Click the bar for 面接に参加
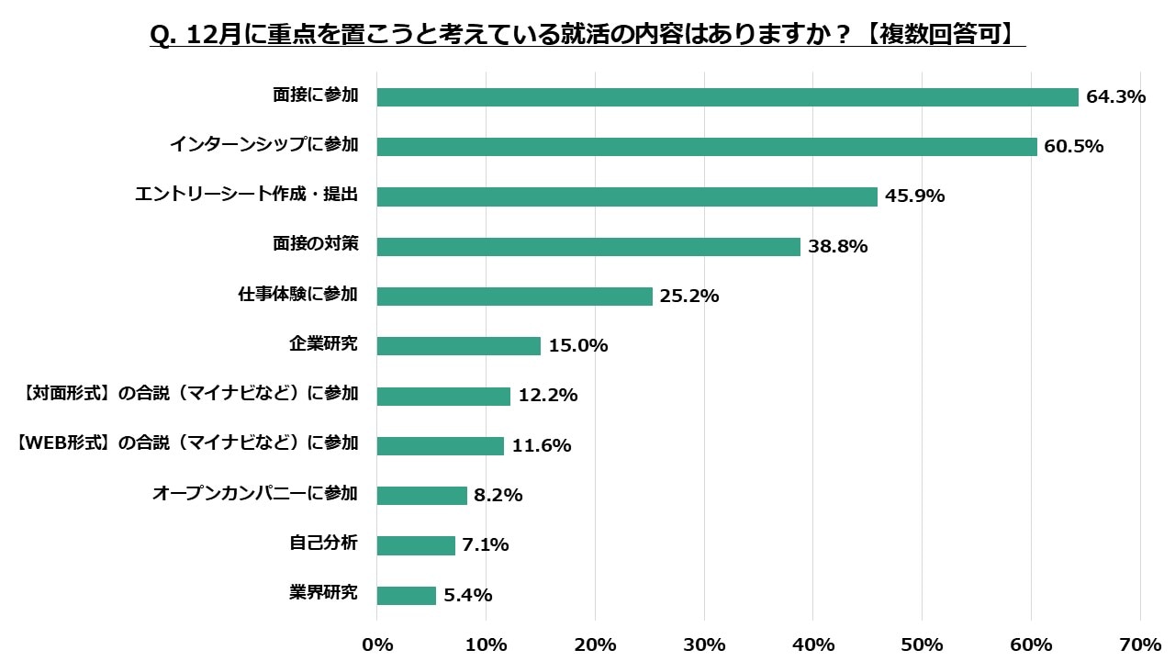(727, 97)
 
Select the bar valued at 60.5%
(707, 147)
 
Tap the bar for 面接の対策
(588, 246)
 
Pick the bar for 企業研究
(459, 346)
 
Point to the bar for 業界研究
(407, 596)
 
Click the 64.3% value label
(1115, 96)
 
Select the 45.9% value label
(914, 196)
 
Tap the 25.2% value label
(689, 296)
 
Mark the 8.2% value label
(498, 495)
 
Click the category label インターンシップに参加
(263, 145)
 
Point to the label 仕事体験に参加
(297, 295)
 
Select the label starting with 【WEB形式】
(188, 443)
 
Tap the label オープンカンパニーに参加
(254, 493)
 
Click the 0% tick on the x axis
(377, 644)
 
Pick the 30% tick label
(704, 644)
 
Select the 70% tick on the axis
(1140, 644)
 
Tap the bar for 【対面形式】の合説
(443, 396)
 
